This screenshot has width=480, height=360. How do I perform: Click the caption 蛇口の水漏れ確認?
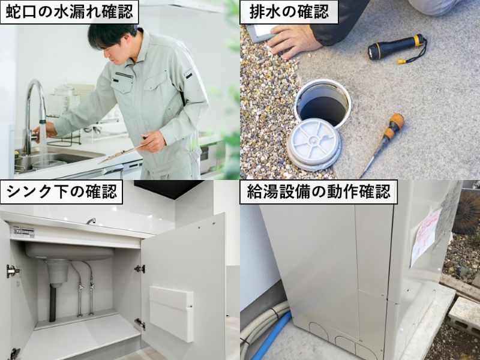click(x=69, y=12)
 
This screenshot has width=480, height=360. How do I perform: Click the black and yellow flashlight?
click(x=397, y=48)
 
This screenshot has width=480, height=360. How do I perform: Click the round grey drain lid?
click(x=314, y=147)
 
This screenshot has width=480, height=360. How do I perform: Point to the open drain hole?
click(x=323, y=104)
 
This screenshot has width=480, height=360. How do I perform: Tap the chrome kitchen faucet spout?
click(x=32, y=99)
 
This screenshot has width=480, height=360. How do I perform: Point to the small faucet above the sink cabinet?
click(x=91, y=221)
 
